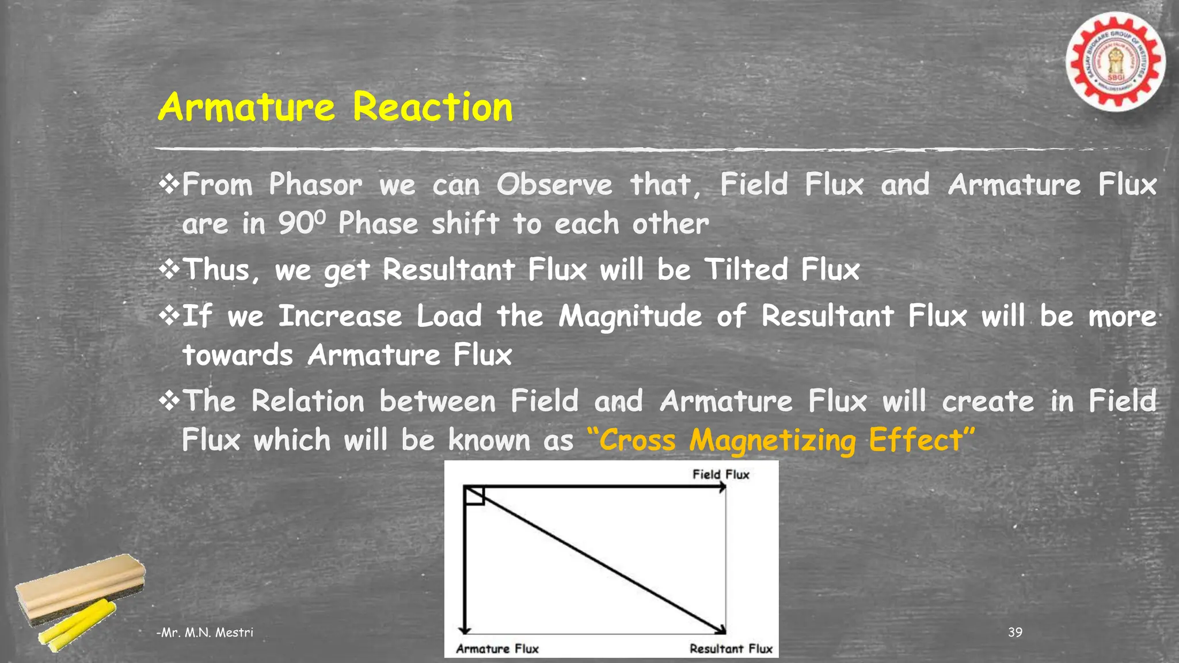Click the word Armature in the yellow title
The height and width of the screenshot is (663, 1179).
pos(246,108)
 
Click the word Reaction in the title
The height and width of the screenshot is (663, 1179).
pos(432,108)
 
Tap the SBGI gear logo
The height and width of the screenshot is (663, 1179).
pos(1116,62)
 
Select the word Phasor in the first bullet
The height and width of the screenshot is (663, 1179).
pos(315,185)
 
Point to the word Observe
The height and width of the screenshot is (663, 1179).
pos(554,185)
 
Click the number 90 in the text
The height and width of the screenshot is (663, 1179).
pos(296,224)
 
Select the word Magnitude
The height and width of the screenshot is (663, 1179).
pos(630,317)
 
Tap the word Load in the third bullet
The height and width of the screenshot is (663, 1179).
pos(449,316)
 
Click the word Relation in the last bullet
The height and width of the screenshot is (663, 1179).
pos(308,401)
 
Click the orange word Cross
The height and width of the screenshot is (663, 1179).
pos(637,441)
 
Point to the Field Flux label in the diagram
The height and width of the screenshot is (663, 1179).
pos(721,475)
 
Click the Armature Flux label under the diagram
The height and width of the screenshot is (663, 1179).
pos(497,649)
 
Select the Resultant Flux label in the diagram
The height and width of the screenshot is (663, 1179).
pos(731,649)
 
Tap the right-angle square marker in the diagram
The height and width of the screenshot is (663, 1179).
pos(474,496)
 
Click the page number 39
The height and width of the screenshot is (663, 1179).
pos(1015,632)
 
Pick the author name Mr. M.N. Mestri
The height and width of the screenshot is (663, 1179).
pos(206,632)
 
